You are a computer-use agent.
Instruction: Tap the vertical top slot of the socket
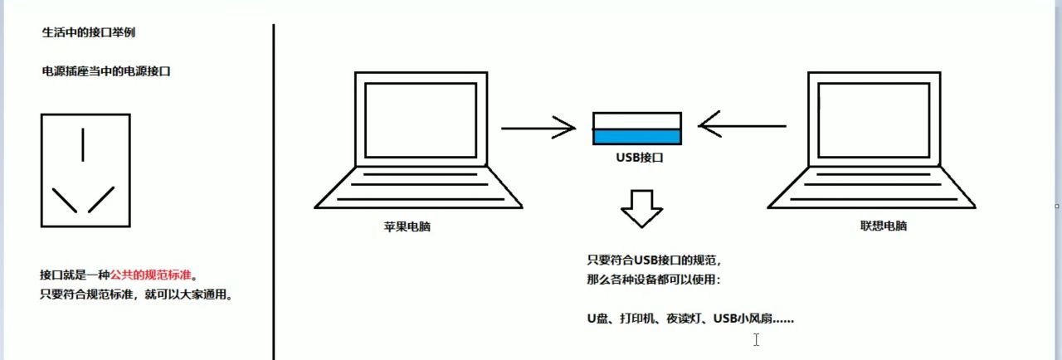83,144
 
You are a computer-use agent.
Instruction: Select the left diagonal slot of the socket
65,200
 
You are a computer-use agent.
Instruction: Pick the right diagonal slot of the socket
100,200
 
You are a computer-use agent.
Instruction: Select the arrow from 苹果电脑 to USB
538,128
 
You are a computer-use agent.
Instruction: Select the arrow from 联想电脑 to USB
742,126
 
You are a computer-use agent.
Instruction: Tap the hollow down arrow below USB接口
641,207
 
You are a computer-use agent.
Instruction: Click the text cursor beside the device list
756,338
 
